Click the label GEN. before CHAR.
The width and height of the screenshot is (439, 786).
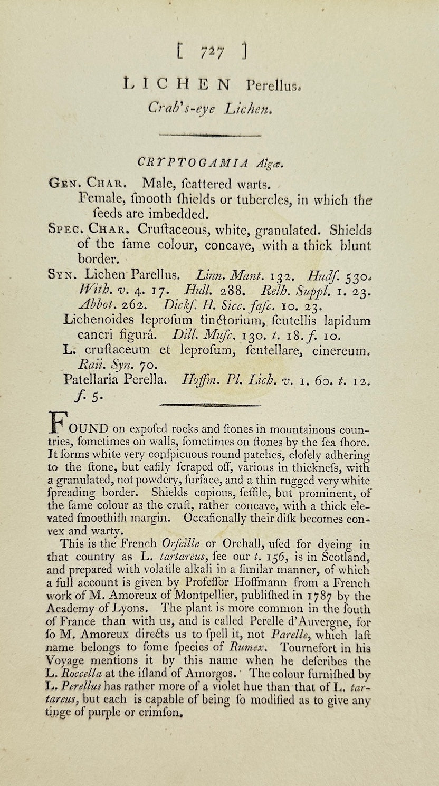pos(64,185)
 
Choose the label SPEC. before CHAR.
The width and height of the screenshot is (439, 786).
pos(65,230)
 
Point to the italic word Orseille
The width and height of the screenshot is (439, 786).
pos(183,543)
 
